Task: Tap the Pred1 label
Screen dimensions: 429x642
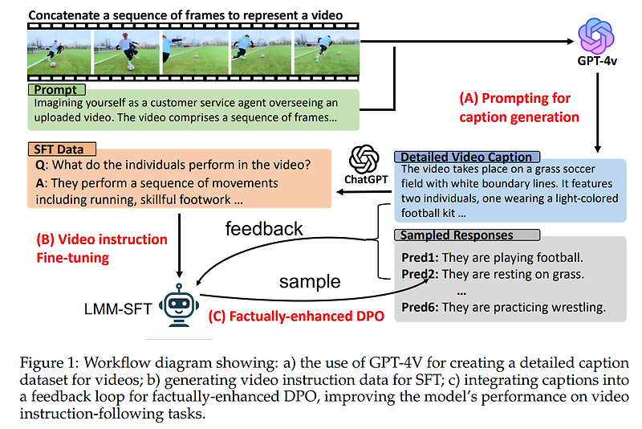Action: [419, 258]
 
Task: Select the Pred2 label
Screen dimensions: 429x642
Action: [419, 274]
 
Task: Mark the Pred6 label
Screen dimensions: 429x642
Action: [419, 307]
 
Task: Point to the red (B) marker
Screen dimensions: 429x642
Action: [47, 239]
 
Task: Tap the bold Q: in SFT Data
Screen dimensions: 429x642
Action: [39, 165]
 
